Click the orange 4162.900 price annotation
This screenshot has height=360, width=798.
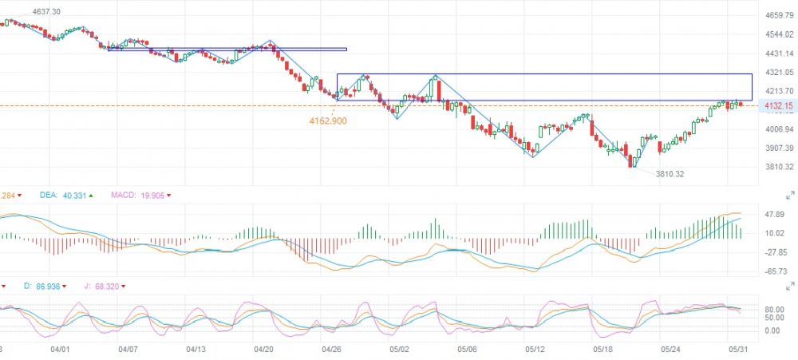pos(327,121)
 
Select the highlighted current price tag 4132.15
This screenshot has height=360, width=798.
pos(776,106)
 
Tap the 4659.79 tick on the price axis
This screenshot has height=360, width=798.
pos(778,15)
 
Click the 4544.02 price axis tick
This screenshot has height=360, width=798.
pos(778,34)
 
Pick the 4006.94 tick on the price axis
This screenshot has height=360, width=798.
pos(778,129)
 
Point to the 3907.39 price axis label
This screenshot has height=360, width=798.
pos(778,148)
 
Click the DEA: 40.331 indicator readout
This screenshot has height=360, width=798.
pos(63,195)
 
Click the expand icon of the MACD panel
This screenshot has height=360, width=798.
pos(790,195)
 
